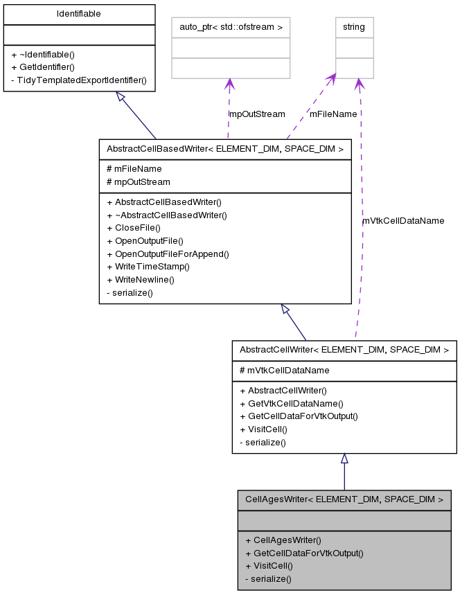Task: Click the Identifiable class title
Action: point(79,14)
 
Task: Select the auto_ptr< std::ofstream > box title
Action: point(231,28)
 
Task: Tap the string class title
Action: point(354,28)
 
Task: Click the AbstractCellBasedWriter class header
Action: point(225,148)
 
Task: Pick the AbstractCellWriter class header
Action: point(344,350)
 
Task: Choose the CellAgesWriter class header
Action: point(344,499)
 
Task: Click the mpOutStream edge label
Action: point(256,114)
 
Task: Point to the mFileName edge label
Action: point(333,114)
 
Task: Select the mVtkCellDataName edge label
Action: point(403,220)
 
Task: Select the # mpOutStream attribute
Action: point(138,181)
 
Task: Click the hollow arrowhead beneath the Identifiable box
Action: point(121,98)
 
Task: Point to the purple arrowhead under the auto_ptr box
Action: point(229,84)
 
